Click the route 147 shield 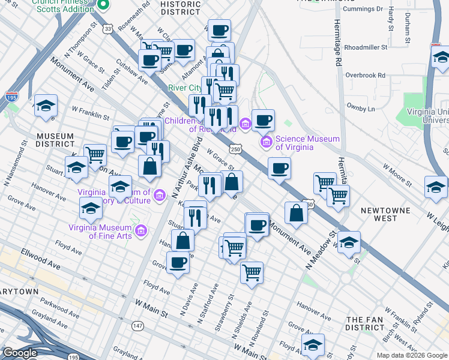click(138, 325)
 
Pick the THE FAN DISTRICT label click(365, 324)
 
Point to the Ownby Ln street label click(361, 109)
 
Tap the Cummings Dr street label click(362, 9)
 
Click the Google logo click(20, 353)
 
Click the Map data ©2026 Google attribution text click(411, 355)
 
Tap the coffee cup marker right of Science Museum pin click(263, 120)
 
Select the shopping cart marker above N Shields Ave click(252, 272)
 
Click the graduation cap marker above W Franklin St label click(46, 106)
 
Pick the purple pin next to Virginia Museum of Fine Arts click(142, 230)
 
